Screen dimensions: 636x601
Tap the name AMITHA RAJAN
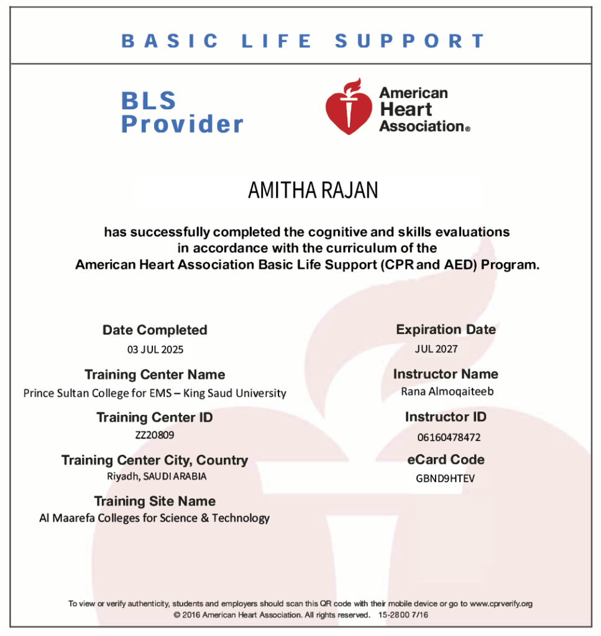coord(313,191)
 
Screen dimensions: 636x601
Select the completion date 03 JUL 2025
coord(155,349)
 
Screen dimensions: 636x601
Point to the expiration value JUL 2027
coord(436,348)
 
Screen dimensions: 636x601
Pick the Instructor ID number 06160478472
coord(449,437)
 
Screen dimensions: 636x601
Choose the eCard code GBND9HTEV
coord(445,479)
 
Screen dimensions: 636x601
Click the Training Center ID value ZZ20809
coord(155,435)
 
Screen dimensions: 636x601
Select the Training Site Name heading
coord(155,501)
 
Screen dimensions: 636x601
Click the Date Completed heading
coord(155,330)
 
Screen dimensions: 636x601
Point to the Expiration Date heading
coord(446,329)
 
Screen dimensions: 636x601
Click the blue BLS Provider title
coord(181,112)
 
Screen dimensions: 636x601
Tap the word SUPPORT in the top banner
coord(410,42)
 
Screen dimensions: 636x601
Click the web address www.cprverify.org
coord(502,603)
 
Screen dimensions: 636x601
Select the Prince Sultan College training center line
coord(155,393)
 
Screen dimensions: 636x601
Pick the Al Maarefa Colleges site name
coord(155,518)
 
